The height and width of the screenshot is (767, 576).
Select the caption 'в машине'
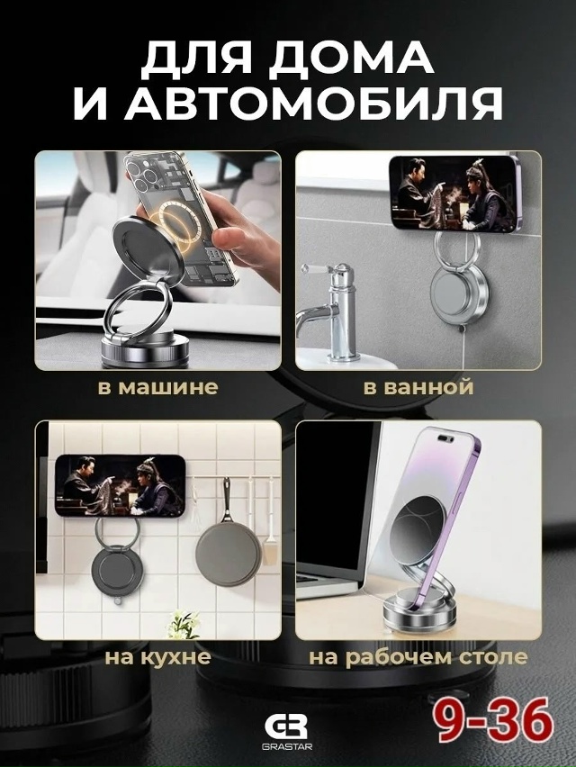157,386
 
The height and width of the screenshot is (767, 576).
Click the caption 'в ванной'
418,386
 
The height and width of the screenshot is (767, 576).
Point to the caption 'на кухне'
157,656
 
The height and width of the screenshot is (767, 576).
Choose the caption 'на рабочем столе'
418,657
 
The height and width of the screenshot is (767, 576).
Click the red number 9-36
495,721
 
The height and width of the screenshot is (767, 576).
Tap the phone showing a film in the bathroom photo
454,194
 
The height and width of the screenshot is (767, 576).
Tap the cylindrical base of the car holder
147,348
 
